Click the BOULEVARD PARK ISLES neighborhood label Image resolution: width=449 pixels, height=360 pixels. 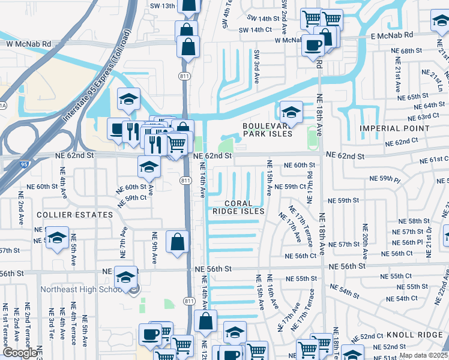click(x=267, y=130)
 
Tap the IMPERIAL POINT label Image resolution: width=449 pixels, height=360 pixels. click(x=394, y=128)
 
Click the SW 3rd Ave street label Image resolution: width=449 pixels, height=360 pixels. click(x=256, y=66)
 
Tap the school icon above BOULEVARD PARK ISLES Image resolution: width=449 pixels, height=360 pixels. click(x=291, y=112)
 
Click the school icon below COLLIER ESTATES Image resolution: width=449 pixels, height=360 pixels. click(x=57, y=238)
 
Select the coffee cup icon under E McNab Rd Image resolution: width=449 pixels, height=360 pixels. click(x=312, y=45)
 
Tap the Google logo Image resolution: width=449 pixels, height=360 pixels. click(x=20, y=353)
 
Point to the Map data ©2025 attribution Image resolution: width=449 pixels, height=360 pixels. click(x=423, y=355)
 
